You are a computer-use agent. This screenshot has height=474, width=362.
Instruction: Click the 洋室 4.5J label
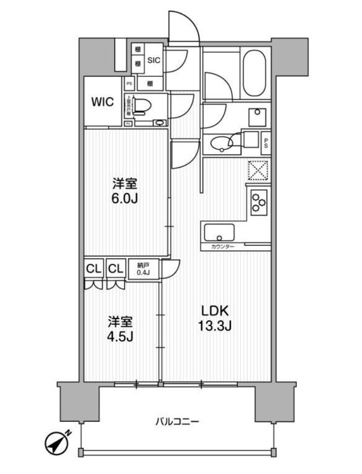(120, 329)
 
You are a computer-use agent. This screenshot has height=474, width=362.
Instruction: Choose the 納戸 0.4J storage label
(143, 268)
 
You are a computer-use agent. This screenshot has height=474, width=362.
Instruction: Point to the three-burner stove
(258, 202)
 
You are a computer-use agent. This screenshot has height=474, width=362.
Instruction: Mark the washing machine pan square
(257, 116)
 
